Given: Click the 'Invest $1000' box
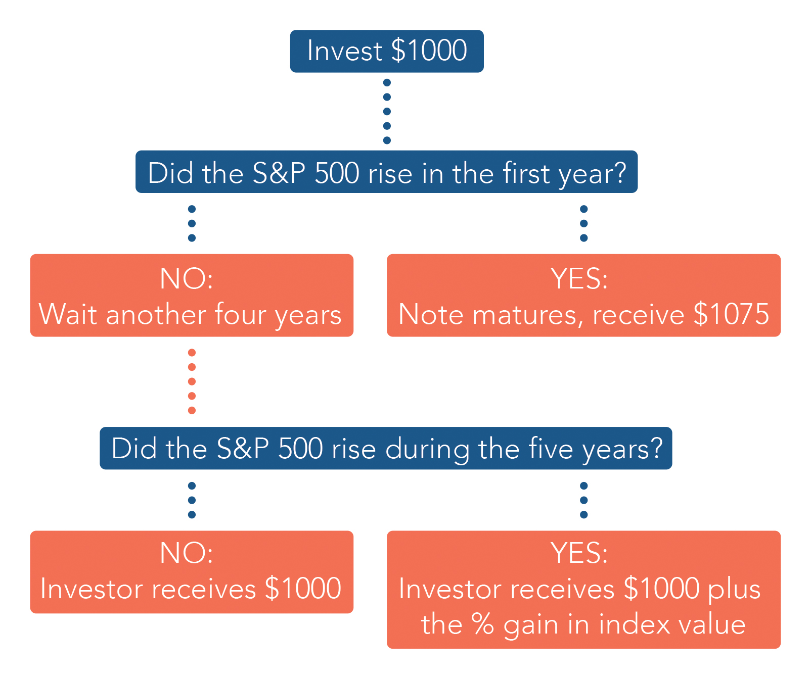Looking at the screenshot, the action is [x=387, y=51].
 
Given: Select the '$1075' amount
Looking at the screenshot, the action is [x=731, y=314].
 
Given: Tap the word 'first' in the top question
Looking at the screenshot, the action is [x=526, y=173].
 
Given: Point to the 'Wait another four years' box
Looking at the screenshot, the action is [x=192, y=295].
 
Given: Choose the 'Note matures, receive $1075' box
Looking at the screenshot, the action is [x=583, y=295].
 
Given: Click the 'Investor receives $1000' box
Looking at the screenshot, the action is [x=192, y=572].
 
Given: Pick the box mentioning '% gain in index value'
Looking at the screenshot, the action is [x=583, y=590].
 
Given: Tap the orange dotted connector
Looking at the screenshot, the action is [x=192, y=381].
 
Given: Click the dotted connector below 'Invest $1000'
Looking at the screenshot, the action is [x=387, y=111].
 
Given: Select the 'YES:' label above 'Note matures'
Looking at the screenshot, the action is [x=579, y=278].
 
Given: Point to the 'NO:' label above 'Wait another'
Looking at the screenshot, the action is [x=187, y=278].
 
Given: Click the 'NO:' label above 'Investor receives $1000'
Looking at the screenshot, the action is [x=187, y=553].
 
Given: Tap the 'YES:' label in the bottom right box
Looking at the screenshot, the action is [x=579, y=553].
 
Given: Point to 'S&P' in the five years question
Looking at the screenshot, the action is [x=243, y=448].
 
